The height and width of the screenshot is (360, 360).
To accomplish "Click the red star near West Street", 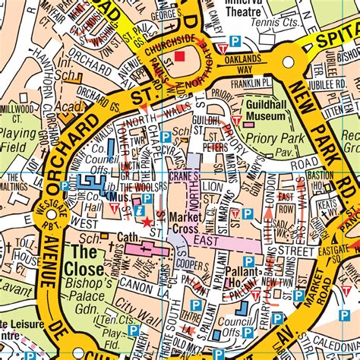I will tap(147, 222).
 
